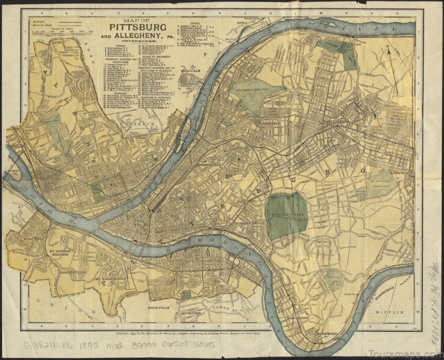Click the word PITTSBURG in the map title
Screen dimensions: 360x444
pos(133,27)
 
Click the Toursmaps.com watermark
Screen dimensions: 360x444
pos(408,353)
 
